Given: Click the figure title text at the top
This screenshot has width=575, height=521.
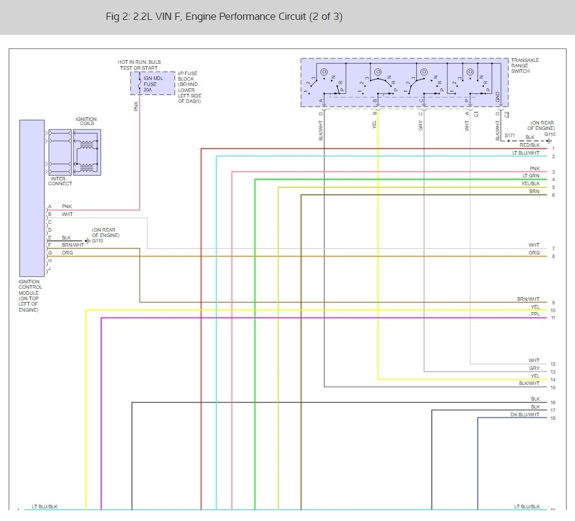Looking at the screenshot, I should tap(224, 17).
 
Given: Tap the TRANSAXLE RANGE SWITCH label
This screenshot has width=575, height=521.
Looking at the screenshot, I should tap(525, 66).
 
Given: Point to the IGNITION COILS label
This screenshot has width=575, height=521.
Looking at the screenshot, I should tap(86, 122).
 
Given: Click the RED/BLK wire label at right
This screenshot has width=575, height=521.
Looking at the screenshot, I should tap(530, 145).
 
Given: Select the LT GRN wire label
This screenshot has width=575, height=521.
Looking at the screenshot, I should tap(531, 176).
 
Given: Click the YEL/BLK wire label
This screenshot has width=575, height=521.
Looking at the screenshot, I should tap(530, 183).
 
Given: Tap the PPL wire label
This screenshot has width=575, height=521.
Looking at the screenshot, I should tap(535, 314).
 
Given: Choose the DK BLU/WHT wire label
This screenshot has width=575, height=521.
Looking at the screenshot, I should tap(525, 415).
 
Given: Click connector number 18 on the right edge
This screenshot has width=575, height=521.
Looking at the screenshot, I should tap(553, 418).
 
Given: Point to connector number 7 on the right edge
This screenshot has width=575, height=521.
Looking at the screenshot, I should tap(553, 248).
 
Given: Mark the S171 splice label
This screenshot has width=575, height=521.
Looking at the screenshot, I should tap(509, 137).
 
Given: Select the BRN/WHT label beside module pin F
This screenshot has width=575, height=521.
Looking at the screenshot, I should tap(73, 245).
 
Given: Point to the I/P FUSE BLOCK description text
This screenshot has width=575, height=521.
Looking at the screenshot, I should tap(189, 87).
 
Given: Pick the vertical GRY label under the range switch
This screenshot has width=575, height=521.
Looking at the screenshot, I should tap(420, 125).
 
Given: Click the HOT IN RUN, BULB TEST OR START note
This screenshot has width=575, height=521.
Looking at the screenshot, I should tap(140, 65).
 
